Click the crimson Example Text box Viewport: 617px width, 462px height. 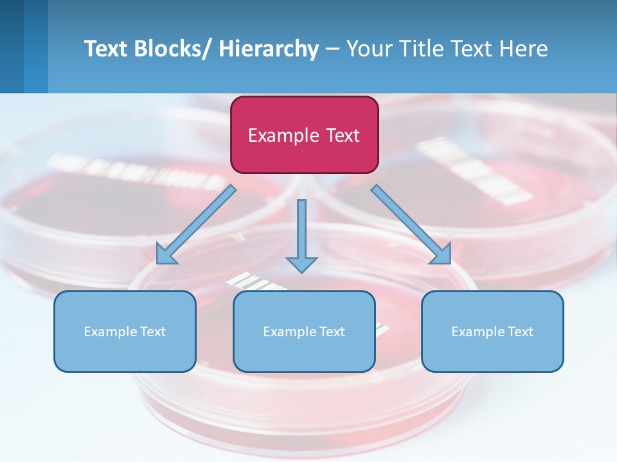(304, 135)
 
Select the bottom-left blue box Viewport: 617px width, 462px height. (125, 331)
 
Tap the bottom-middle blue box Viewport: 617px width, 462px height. (304, 331)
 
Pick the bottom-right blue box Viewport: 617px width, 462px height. (492, 331)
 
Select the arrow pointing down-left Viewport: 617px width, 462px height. (196, 225)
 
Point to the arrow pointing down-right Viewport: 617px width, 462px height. (411, 225)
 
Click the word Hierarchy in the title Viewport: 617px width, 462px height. (269, 49)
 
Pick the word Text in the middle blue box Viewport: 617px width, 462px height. (331, 331)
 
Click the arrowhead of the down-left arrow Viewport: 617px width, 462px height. (165, 255)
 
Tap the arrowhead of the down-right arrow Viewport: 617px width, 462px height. (442, 255)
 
